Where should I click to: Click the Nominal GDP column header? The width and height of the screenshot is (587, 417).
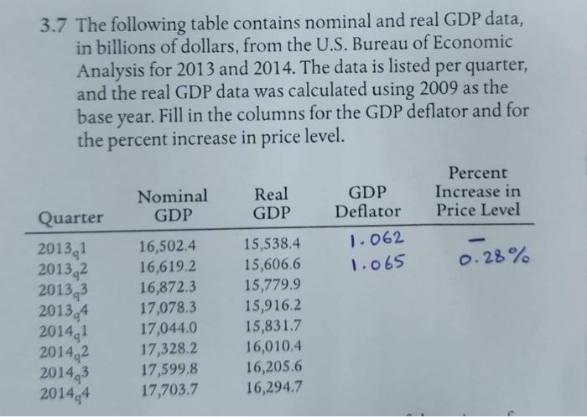coord(172,206)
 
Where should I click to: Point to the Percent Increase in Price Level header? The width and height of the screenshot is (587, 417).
coord(478,192)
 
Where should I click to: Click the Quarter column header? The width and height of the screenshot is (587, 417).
coord(70,217)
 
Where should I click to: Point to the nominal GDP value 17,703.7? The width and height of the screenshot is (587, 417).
coord(170,388)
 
